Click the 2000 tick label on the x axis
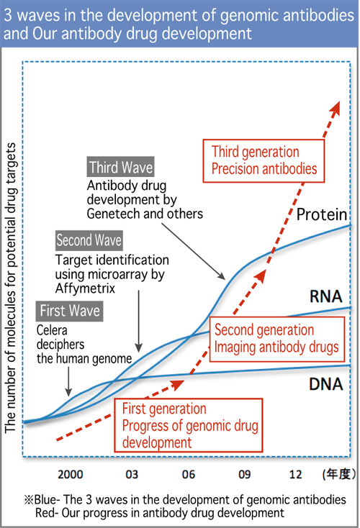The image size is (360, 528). (x=70, y=475)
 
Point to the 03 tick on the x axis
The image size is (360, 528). (x=132, y=475)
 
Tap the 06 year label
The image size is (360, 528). (x=189, y=475)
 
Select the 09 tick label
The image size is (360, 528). (x=245, y=475)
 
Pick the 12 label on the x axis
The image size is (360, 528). (x=296, y=475)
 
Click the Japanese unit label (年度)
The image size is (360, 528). (x=339, y=474)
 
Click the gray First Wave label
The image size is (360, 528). (x=69, y=311)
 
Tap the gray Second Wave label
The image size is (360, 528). (x=89, y=240)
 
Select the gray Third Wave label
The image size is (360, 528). (x=121, y=167)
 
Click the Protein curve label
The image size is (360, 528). (x=322, y=214)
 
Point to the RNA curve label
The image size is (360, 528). (x=326, y=296)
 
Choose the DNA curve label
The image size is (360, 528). (x=326, y=384)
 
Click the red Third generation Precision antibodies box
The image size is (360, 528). (x=264, y=161)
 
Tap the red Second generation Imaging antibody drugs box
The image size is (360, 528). (x=277, y=339)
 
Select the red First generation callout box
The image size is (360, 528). (x=189, y=425)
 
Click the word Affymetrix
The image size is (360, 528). (x=85, y=288)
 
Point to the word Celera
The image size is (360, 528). (x=52, y=330)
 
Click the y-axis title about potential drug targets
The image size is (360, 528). (x=10, y=288)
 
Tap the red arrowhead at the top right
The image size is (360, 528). (x=335, y=109)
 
